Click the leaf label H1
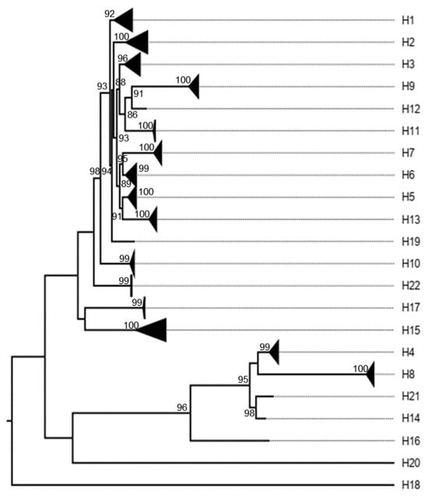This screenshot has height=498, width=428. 407,19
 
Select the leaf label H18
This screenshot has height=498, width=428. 409,484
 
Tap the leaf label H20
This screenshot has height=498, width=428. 409,462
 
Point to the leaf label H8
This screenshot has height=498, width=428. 407,374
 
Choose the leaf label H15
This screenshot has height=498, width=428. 409,330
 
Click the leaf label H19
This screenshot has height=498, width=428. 409,241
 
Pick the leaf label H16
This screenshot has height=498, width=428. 409,440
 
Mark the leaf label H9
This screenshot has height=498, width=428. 407,86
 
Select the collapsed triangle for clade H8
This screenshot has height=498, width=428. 370,374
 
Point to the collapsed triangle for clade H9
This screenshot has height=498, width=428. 195,86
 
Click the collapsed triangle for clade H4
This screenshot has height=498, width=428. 274,352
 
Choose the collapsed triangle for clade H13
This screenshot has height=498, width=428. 153,219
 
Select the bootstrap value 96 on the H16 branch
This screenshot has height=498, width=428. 183,407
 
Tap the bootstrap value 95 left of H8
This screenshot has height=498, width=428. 244,380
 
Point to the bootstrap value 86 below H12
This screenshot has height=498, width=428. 132,115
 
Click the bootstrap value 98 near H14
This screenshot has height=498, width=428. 249,412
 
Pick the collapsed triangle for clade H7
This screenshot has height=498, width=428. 158,153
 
